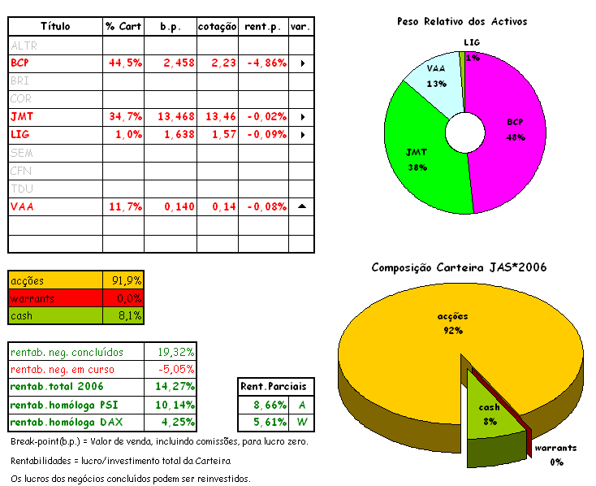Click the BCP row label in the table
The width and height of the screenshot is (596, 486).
coord(20,63)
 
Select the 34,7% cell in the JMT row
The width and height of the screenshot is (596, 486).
coord(124,116)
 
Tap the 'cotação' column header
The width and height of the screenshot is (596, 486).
coord(218,27)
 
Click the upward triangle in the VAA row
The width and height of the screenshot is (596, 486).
coord(301,206)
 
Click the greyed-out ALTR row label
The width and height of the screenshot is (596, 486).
coord(24,46)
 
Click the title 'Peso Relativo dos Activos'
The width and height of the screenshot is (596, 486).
coord(462,21)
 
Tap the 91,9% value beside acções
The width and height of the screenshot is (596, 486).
coord(127,280)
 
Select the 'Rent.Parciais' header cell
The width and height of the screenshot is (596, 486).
coord(277,386)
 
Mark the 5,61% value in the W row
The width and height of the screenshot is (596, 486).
coord(265,422)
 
